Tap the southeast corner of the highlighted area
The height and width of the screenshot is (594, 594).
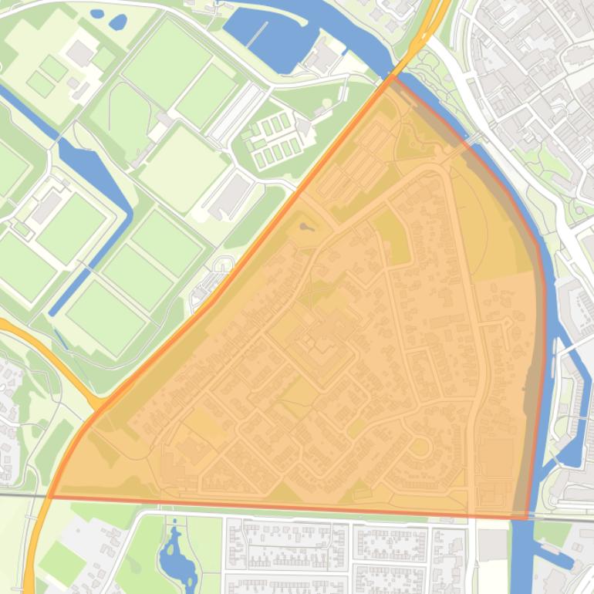coord(527,518)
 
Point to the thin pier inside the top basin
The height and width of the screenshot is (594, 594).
coord(258,35)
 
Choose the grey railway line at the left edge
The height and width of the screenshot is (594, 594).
coord(19,494)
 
